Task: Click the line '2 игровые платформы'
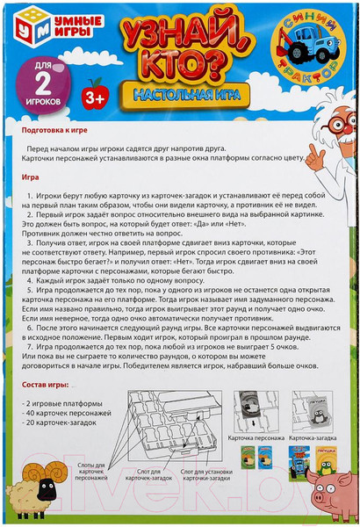tap(68, 401)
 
